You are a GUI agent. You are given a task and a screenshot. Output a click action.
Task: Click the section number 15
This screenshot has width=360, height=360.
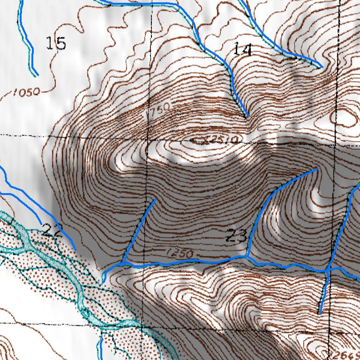[x=56, y=44]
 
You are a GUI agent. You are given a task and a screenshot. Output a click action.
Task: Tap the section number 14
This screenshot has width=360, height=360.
[x=242, y=49]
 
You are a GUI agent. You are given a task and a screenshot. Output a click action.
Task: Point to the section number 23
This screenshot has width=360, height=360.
[x=236, y=236]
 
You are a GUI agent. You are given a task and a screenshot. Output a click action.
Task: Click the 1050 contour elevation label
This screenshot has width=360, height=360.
[x=26, y=92]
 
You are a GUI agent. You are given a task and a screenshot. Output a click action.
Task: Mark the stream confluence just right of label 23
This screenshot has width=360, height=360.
[x=247, y=256]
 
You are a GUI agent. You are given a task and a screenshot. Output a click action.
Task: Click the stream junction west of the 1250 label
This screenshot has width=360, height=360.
[x=123, y=263]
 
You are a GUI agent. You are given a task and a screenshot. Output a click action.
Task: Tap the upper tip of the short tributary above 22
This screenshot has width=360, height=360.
[x=156, y=199]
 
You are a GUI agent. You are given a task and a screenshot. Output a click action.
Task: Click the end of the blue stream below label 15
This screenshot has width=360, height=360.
[x=36, y=75]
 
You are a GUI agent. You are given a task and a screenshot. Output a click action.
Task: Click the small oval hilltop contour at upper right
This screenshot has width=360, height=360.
[x=347, y=118]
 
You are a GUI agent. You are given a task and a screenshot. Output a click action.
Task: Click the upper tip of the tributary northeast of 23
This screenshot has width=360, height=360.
[x=317, y=169]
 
